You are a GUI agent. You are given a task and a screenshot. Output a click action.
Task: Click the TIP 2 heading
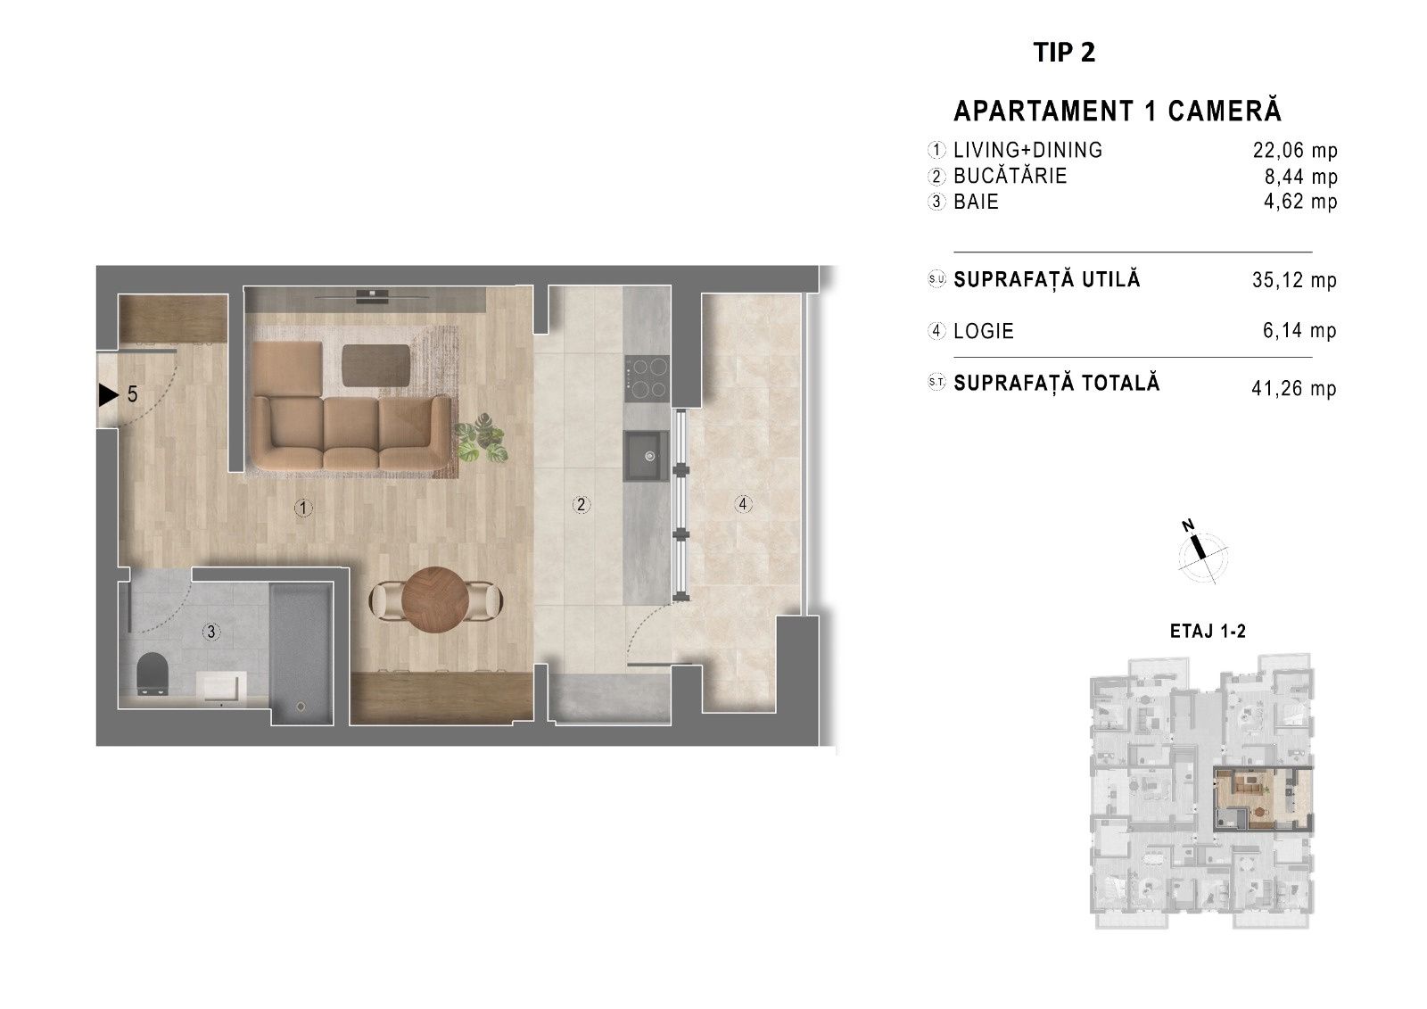(1064, 53)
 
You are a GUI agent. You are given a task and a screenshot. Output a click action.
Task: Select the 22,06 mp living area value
(1294, 151)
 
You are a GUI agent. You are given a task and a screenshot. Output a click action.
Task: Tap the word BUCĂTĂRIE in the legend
(1010, 175)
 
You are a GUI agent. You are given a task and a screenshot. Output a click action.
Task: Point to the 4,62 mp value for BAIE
(1300, 202)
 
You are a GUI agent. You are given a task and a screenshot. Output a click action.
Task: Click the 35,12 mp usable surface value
(1294, 280)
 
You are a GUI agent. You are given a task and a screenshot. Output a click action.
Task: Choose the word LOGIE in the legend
(984, 331)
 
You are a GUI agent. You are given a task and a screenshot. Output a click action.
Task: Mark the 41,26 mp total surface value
(1294, 388)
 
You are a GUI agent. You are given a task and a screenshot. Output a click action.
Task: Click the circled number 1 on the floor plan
(303, 508)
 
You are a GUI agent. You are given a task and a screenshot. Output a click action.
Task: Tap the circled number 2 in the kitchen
(581, 505)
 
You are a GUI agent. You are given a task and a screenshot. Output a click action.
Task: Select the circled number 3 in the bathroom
(210, 632)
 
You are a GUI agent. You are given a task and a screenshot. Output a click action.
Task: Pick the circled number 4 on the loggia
(742, 504)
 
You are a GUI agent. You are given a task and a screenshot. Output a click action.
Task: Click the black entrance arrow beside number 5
(108, 395)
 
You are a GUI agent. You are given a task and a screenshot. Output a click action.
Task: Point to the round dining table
(436, 600)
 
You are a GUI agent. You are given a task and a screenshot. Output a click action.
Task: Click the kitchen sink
(646, 456)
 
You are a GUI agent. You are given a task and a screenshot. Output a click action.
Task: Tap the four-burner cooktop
(647, 378)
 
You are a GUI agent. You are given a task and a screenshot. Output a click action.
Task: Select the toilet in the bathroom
(153, 673)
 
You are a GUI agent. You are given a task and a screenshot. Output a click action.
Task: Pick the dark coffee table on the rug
(376, 366)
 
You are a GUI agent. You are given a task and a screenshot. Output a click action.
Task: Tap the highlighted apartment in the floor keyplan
(1262, 800)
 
